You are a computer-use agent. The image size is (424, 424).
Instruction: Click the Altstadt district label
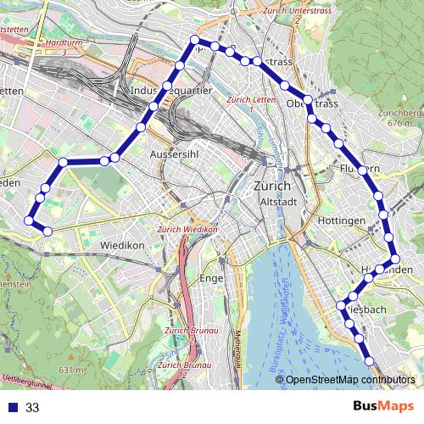tap(277, 202)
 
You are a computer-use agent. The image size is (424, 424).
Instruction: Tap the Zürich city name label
tap(272, 187)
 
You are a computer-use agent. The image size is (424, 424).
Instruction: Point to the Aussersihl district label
tap(173, 155)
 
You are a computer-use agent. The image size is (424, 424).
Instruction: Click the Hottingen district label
tap(342, 220)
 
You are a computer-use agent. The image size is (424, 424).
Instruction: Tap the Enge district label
tap(209, 278)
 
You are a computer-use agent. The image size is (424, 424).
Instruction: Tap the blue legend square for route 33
tap(11, 407)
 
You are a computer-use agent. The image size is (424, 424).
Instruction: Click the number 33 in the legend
tap(32, 407)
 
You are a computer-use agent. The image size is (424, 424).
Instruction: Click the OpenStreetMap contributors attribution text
tap(350, 380)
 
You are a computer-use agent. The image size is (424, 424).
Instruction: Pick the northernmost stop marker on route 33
tap(195, 40)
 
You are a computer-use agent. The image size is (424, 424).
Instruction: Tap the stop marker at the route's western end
tap(28, 220)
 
